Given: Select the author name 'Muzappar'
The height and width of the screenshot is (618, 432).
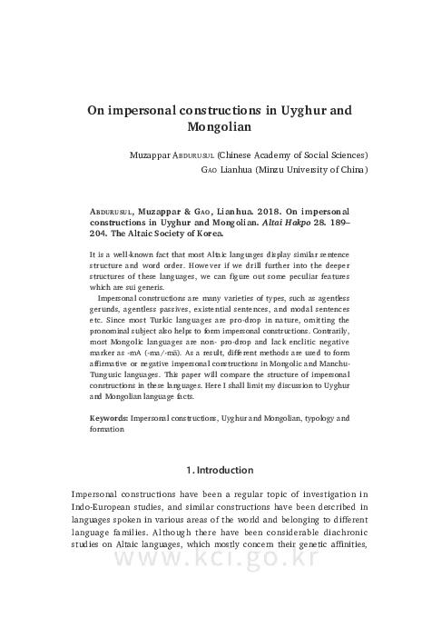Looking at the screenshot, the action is pyautogui.click(x=155, y=154).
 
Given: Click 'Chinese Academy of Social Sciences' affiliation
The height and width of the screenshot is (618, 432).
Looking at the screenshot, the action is pyautogui.click(x=293, y=154).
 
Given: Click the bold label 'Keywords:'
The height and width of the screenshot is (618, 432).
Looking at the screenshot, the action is pyautogui.click(x=109, y=417).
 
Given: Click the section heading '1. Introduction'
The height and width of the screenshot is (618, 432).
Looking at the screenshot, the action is pyautogui.click(x=216, y=470).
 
